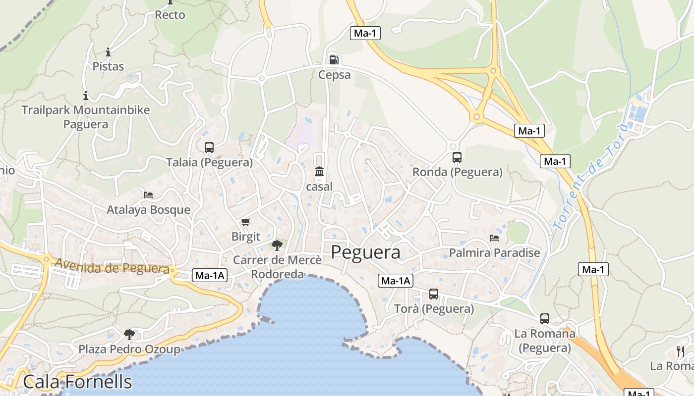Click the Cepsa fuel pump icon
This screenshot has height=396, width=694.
pos(334,60)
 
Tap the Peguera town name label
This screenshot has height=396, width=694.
pos(365,252)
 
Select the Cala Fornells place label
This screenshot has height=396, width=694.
pos(77,382)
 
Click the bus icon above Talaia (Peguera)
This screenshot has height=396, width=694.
pos(209,147)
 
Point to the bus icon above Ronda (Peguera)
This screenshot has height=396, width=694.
pos(457,157)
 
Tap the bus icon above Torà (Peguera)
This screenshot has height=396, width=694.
pos(434,294)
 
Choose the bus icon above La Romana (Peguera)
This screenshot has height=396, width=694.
pos(545,319)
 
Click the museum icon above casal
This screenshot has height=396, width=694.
pos(319,172)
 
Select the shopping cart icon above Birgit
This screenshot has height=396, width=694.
pos(245,222)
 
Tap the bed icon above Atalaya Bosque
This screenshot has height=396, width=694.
pos(148,195)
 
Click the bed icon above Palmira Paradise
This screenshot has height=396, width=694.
pos(494,238)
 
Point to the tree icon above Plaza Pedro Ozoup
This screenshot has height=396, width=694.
pos(129,335)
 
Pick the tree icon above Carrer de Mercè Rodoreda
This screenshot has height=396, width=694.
pos(277,245)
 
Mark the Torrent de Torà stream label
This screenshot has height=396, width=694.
pos(590,176)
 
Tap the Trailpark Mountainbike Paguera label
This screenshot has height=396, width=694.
pos(86,116)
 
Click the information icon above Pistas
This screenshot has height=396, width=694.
pos(108,52)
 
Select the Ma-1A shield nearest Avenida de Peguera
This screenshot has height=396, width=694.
pos(210,276)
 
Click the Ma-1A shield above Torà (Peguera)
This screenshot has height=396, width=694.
pos(395,281)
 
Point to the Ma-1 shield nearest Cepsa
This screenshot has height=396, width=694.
pos(365,33)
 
